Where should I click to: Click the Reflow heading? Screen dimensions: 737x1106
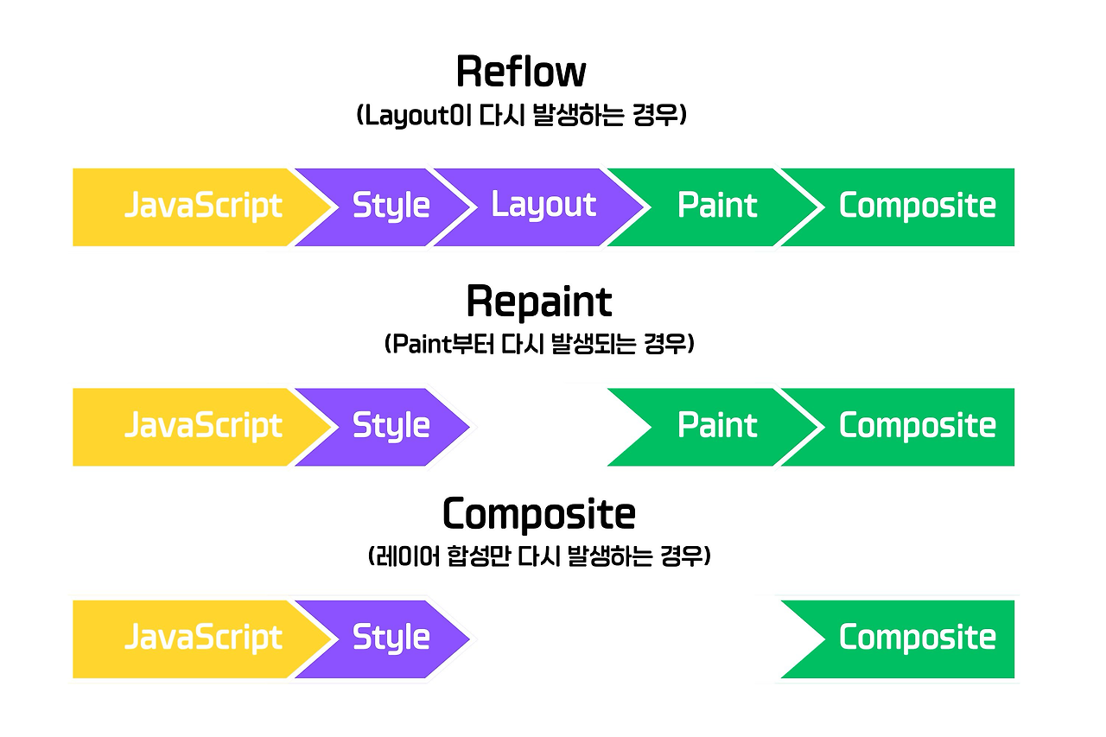click(521, 72)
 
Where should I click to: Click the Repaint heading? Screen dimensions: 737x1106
click(539, 302)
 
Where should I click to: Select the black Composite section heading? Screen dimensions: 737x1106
click(539, 515)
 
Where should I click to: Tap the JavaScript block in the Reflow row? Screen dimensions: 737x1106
click(202, 206)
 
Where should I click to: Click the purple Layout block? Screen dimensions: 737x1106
click(543, 206)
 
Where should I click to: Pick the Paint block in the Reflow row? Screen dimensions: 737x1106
click(716, 206)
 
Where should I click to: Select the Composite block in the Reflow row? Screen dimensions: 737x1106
click(916, 206)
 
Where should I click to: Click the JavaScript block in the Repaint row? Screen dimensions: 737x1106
click(202, 426)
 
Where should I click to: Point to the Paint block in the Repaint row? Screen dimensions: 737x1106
click(716, 426)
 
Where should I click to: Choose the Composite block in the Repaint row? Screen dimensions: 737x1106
click(916, 426)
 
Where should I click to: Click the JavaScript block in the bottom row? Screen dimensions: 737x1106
click(202, 639)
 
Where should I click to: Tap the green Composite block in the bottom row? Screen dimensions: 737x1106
click(916, 639)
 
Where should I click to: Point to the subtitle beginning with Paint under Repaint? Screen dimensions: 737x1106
click(539, 345)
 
